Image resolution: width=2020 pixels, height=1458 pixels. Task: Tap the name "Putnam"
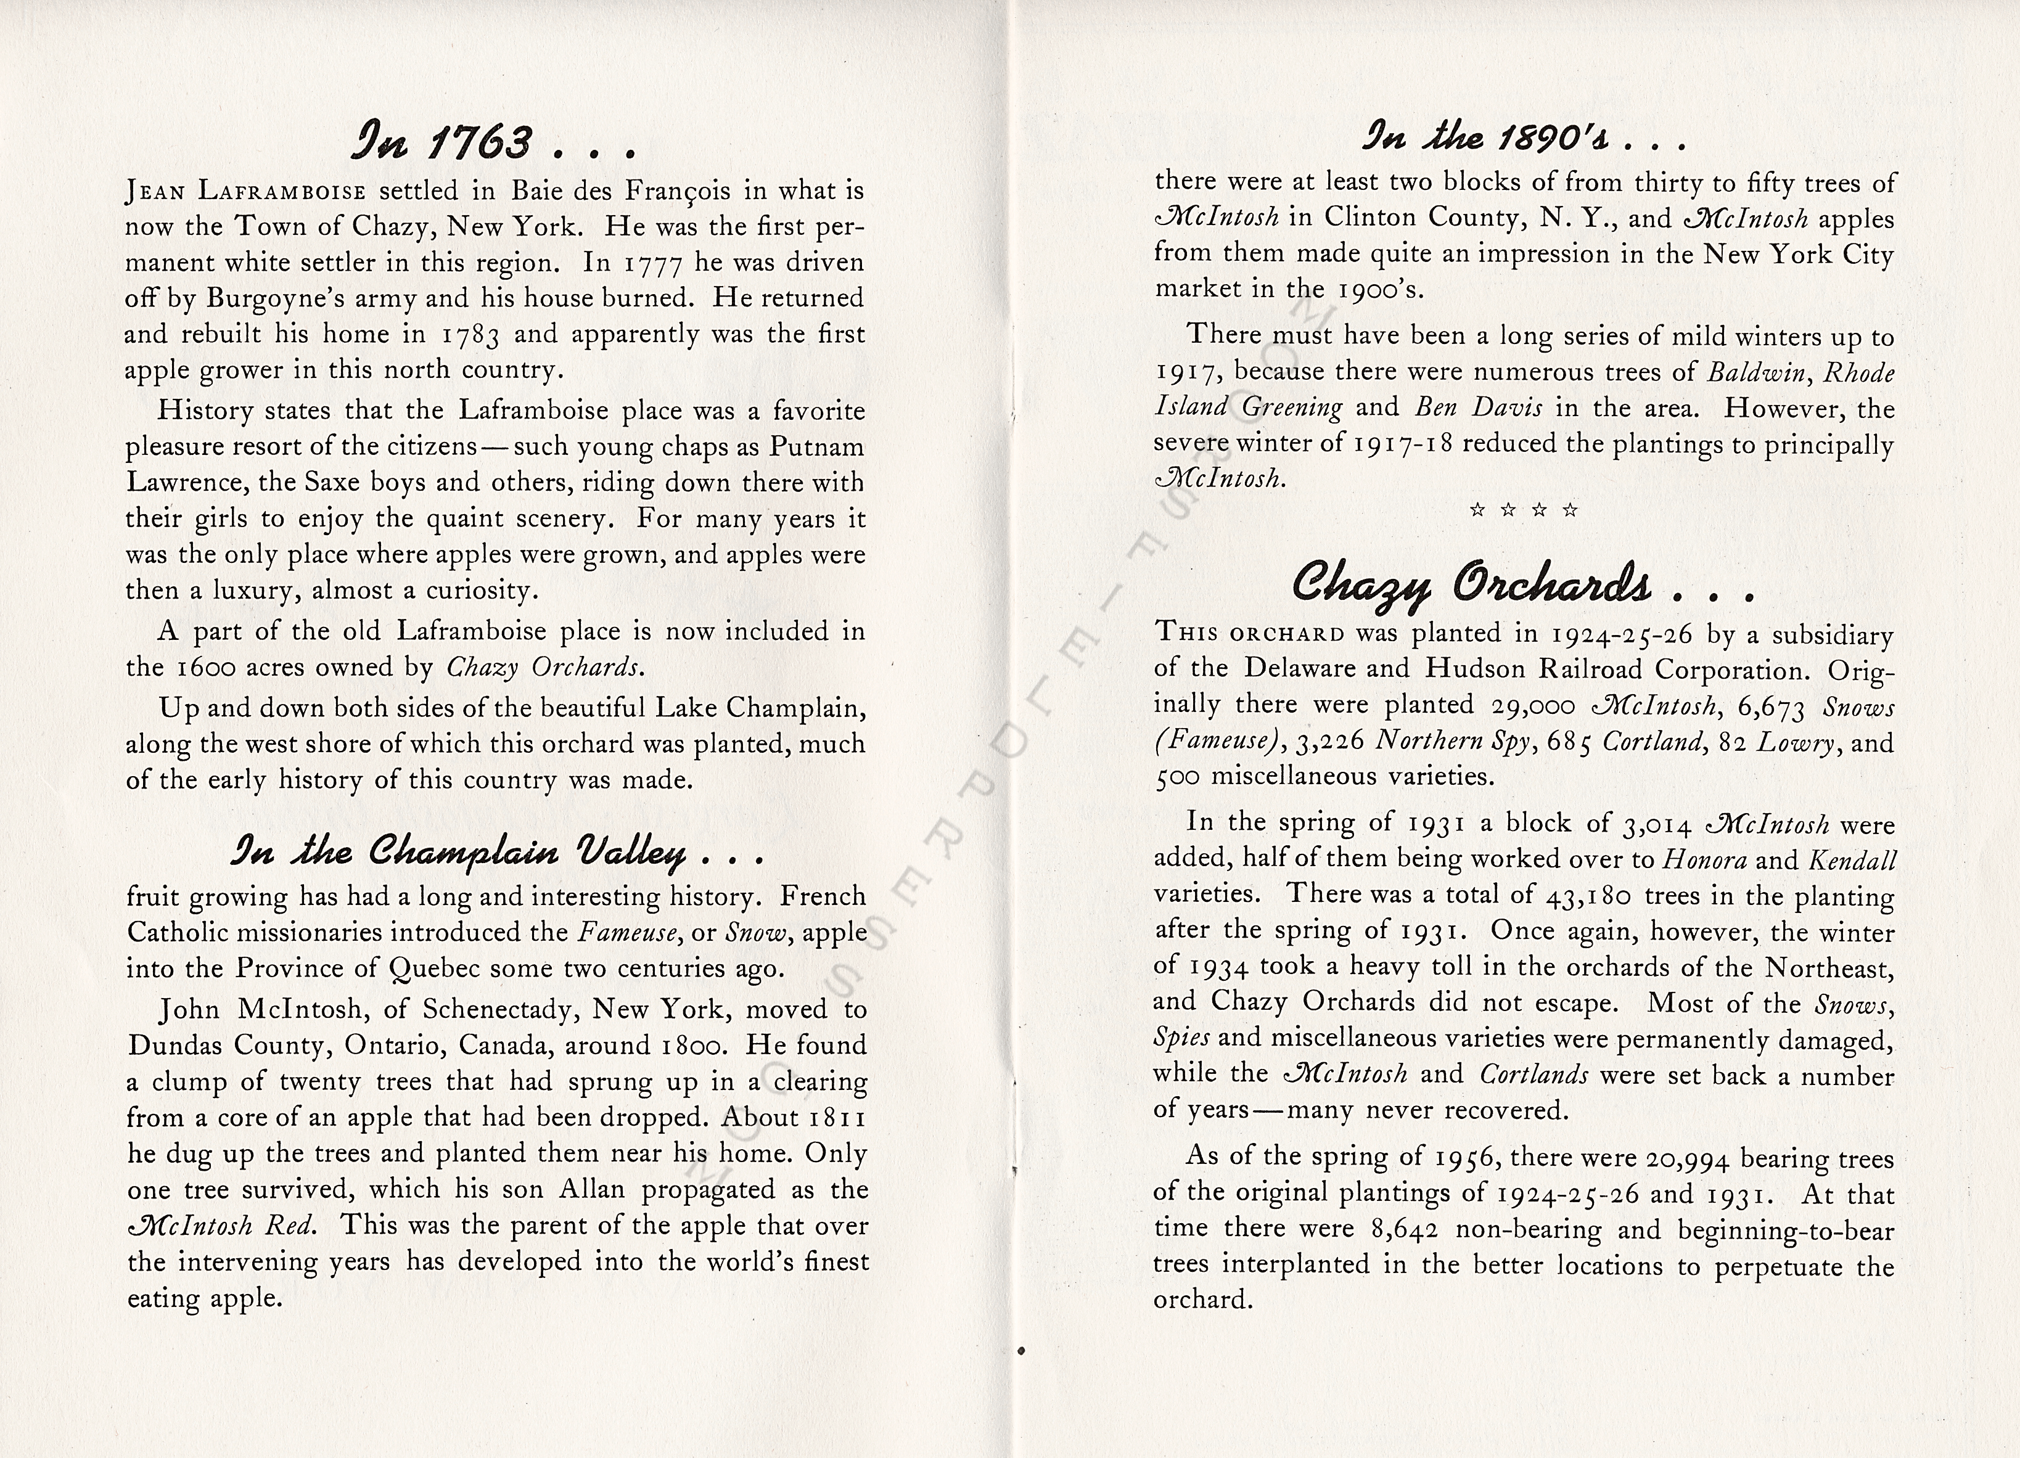817,446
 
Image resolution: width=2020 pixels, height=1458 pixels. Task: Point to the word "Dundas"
174,1045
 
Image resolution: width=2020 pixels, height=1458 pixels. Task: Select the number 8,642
1407,1230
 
